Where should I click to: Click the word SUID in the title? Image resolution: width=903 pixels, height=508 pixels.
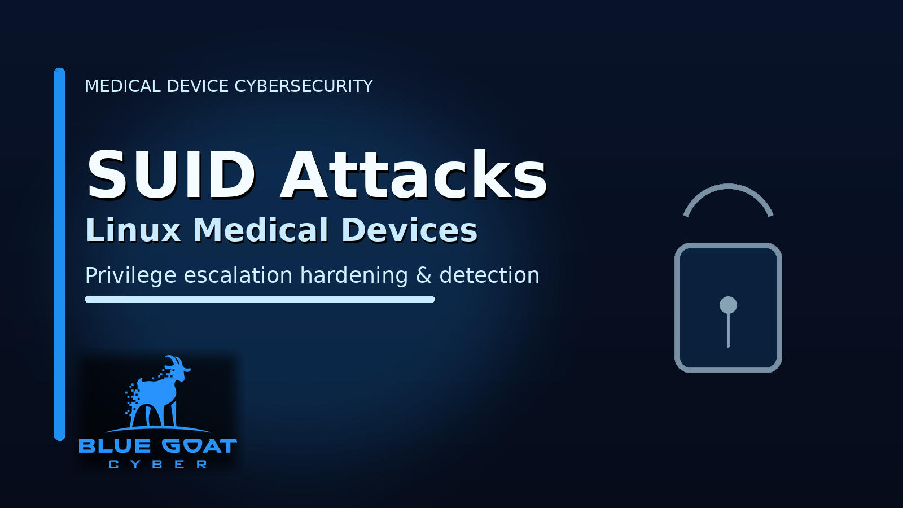[172, 174]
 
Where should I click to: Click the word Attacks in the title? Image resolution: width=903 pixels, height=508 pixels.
[413, 174]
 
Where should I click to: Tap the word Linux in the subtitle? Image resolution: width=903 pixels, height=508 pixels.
[133, 230]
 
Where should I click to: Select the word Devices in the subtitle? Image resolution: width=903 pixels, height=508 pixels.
[409, 230]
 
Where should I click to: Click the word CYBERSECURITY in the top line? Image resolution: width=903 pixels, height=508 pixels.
[304, 86]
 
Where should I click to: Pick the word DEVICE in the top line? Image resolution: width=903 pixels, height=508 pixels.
[198, 86]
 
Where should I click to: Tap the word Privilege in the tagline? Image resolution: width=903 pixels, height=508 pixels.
[131, 276]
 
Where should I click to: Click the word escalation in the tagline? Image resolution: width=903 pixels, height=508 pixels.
[238, 275]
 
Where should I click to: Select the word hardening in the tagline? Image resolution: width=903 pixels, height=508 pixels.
[354, 276]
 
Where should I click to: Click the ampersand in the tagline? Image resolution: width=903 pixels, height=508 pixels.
[423, 275]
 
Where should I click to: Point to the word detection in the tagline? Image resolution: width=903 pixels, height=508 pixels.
[489, 275]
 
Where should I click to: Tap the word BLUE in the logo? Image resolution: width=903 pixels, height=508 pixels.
[115, 446]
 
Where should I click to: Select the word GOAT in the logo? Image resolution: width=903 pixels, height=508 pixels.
[200, 446]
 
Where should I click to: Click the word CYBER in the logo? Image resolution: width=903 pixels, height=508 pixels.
[158, 465]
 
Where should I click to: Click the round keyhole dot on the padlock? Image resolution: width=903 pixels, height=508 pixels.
[728, 305]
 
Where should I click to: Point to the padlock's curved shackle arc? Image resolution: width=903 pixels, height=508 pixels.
[728, 186]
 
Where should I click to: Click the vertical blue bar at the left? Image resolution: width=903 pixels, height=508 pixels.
[60, 254]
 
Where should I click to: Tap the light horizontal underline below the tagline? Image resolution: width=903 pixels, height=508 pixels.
[260, 300]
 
